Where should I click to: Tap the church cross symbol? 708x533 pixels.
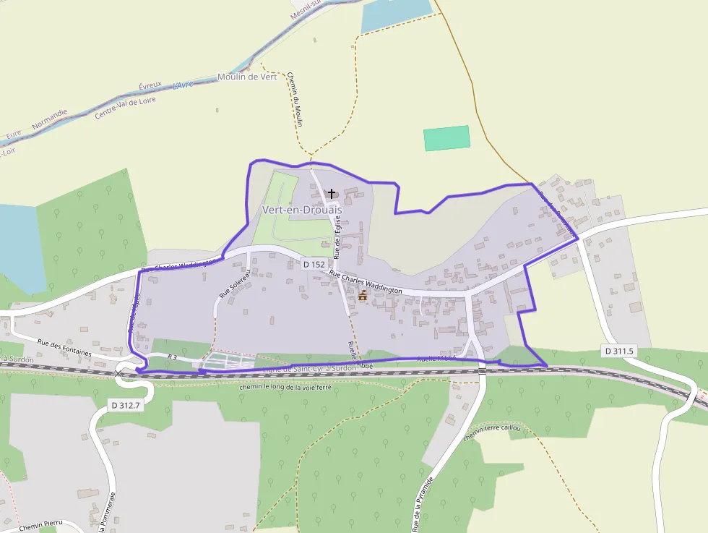tap(332, 193)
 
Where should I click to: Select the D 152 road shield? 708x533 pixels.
tap(314, 265)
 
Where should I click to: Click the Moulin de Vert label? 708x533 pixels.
tap(247, 77)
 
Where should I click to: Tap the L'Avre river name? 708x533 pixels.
tap(184, 85)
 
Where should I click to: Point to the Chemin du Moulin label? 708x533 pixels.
tap(294, 101)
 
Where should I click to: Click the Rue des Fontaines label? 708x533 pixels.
tap(64, 347)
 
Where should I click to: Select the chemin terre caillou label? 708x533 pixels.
tap(493, 434)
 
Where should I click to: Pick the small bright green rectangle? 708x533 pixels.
tap(446, 138)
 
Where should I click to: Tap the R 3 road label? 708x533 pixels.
tap(172, 357)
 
